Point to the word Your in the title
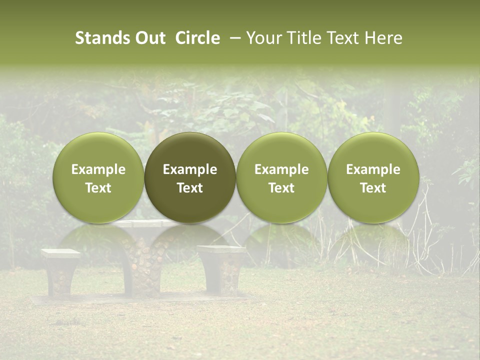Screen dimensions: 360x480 [263, 38]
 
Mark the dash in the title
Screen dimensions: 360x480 [233, 38]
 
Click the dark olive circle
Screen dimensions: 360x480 [190, 177]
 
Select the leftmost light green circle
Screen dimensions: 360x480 [98, 177]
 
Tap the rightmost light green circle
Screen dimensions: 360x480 [373, 177]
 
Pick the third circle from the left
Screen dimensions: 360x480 [281, 177]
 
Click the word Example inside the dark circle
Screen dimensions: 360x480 [190, 169]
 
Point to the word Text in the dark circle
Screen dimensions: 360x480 [190, 188]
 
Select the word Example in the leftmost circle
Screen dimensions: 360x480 [98, 169]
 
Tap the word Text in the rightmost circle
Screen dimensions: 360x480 [373, 188]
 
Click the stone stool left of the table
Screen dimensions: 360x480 [60, 272]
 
